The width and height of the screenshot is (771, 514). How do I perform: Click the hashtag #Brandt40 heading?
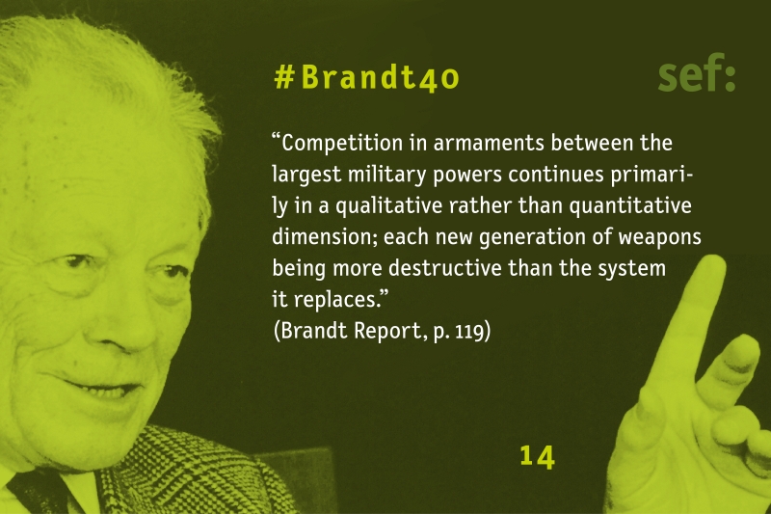click(367, 78)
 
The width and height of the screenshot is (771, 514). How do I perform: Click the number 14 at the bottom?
click(538, 457)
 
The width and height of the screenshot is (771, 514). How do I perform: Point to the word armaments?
click(489, 143)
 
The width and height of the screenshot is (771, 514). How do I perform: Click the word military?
click(386, 176)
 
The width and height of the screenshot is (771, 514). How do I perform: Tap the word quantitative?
click(631, 206)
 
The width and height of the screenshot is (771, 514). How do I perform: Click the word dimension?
click(323, 237)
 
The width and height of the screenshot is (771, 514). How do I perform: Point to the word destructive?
click(445, 268)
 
